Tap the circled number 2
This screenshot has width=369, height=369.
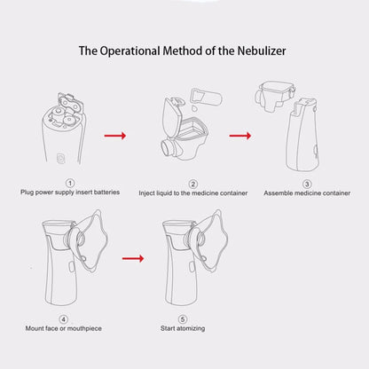tap(181, 183)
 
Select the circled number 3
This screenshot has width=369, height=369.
tap(307, 183)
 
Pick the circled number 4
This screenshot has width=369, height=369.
tap(63, 318)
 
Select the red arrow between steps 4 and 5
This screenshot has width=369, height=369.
tap(132, 258)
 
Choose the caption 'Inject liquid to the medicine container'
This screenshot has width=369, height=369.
tap(182, 192)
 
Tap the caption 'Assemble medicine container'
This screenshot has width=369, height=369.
tap(307, 192)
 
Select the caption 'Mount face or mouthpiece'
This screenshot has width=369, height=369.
tap(63, 328)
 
